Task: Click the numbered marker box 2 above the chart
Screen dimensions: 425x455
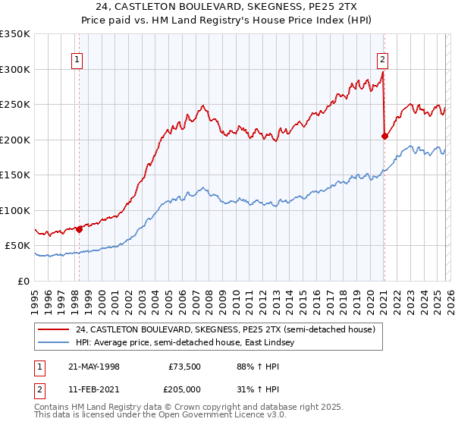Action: pyautogui.click(x=383, y=60)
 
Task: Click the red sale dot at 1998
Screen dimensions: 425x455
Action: pyautogui.click(x=79, y=229)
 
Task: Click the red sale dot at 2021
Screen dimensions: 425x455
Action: pyautogui.click(x=384, y=137)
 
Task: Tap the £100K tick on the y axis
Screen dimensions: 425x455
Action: pyautogui.click(x=15, y=211)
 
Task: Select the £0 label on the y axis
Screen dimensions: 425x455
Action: pyautogui.click(x=24, y=282)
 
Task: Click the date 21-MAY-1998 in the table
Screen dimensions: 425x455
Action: pyautogui.click(x=93, y=366)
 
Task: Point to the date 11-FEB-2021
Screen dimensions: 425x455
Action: pyautogui.click(x=93, y=389)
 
